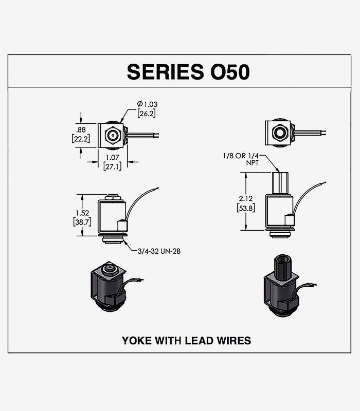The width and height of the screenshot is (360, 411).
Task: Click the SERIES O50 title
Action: pyautogui.click(x=188, y=71)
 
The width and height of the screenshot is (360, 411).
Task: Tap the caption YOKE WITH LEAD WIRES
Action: pyautogui.click(x=186, y=340)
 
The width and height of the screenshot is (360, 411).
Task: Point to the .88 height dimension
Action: pyautogui.click(x=81, y=129)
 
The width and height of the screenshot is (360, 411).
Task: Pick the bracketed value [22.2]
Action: pyautogui.click(x=81, y=138)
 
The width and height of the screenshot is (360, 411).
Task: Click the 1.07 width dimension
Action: pyautogui.click(x=112, y=158)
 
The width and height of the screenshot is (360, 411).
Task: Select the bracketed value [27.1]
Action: pyautogui.click(x=112, y=166)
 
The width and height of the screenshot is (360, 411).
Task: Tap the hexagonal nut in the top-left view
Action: pyautogui.click(x=112, y=135)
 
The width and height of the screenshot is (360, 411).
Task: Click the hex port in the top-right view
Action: pyautogui.click(x=278, y=132)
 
